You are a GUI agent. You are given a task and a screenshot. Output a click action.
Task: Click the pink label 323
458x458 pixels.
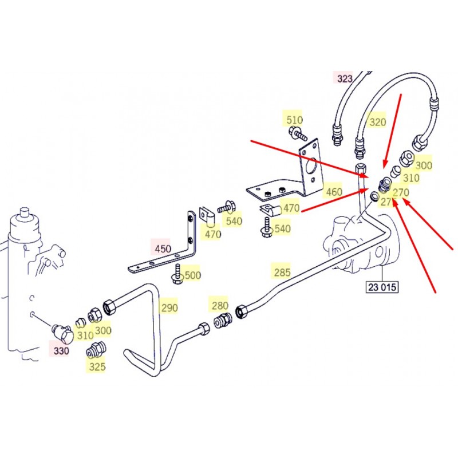(x=345, y=78)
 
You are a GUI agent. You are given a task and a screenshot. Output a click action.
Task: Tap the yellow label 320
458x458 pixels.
(x=377, y=121)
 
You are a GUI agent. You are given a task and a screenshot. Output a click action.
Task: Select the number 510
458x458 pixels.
(x=294, y=120)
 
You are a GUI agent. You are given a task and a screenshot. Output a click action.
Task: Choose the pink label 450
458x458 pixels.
(x=163, y=249)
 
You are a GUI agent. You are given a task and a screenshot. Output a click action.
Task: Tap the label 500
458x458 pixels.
(x=193, y=275)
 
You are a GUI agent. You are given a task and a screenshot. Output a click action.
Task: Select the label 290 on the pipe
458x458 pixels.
(x=169, y=307)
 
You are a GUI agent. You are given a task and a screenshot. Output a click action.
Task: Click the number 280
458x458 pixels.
(x=220, y=306)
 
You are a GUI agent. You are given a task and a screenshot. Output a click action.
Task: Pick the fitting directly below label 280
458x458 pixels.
(x=222, y=321)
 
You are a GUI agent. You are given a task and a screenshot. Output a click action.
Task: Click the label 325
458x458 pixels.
(x=97, y=366)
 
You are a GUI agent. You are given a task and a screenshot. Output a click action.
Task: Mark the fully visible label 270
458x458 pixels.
(x=401, y=192)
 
